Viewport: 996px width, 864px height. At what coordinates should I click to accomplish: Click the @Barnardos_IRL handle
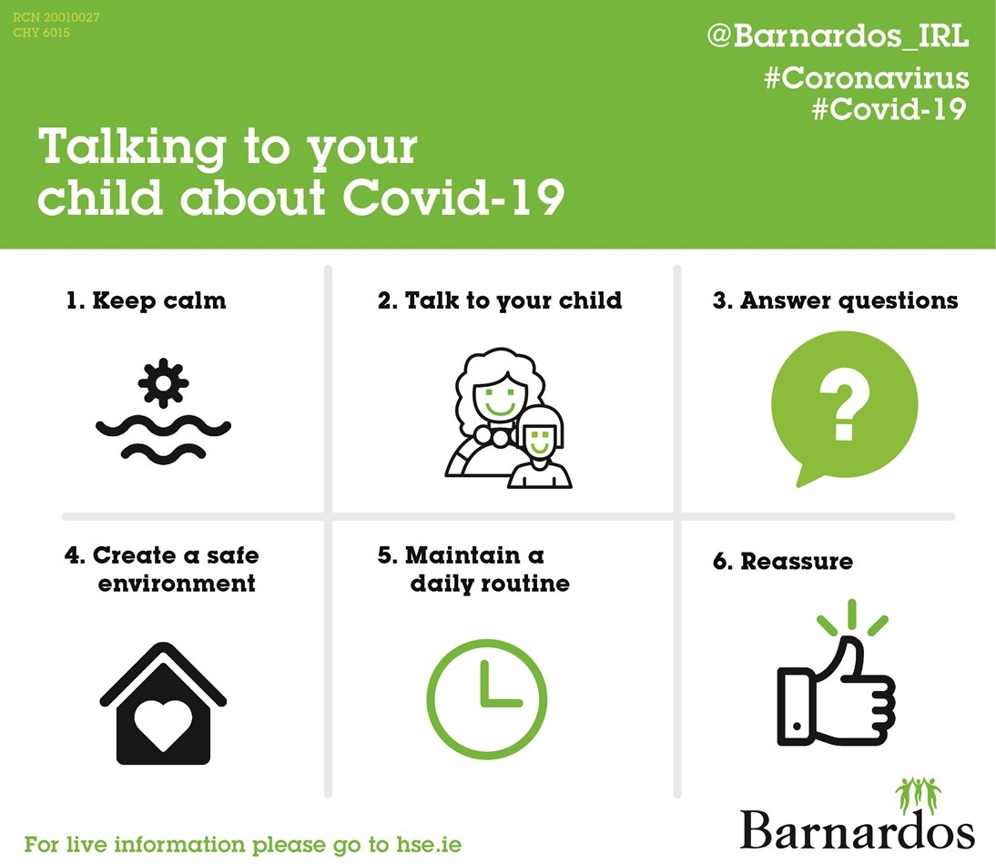tap(837, 38)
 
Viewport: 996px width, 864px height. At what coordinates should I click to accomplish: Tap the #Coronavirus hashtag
tap(866, 78)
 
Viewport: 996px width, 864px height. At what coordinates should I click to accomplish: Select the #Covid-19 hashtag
tap(888, 109)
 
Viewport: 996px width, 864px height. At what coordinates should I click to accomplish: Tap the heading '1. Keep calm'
tap(146, 301)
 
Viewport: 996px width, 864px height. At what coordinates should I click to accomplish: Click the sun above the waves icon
tap(164, 383)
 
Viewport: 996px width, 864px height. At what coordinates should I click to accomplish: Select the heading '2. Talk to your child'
tap(500, 301)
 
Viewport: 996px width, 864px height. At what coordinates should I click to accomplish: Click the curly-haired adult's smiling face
tap(498, 398)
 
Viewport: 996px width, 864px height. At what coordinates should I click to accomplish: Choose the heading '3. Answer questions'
tap(835, 301)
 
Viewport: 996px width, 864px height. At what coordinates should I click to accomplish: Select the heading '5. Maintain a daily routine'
tap(474, 569)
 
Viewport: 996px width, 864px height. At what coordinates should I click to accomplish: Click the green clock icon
tap(487, 699)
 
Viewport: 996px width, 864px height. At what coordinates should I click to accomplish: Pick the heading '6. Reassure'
tap(783, 561)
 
